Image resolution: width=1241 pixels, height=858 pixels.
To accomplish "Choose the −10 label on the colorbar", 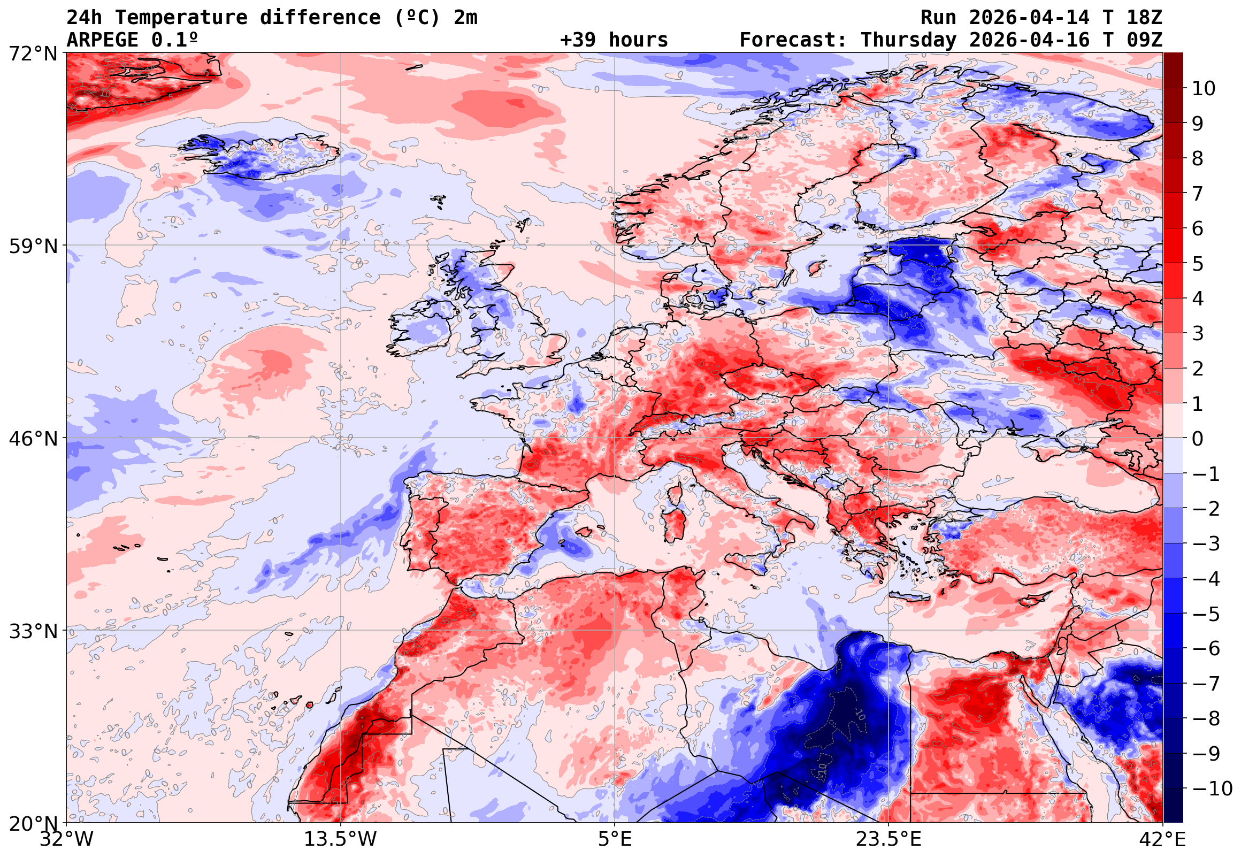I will [x=1212, y=788].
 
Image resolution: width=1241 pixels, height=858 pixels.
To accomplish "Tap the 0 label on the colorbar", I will [x=1198, y=439].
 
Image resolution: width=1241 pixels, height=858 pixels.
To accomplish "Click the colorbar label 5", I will [x=1198, y=264].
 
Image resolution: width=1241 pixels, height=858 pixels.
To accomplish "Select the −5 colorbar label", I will [x=1206, y=614].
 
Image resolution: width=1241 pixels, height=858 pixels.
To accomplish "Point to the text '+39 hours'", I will [x=614, y=40].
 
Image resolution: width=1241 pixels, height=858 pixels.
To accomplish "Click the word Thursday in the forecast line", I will [x=908, y=40].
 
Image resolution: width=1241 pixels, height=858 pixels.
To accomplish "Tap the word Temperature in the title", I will [x=181, y=18].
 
